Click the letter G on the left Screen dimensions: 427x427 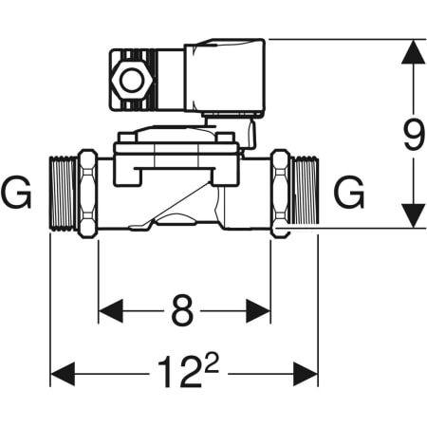16,193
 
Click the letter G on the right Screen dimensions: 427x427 349,193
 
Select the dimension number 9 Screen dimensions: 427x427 414,135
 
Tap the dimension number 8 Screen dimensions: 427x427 182,310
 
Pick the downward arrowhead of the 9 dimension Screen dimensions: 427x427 413,215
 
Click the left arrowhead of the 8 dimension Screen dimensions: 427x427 111,311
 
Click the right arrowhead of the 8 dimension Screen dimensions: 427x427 258,311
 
